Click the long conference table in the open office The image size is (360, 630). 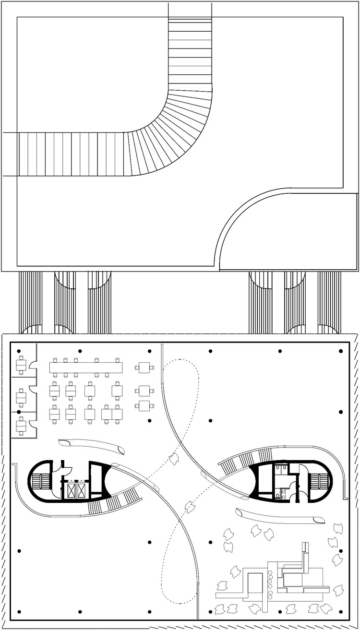[x=86, y=367]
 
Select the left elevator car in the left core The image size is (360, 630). [x=72, y=490]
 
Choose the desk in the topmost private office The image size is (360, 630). [x=20, y=367]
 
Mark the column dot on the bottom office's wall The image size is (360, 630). [x=19, y=412]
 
